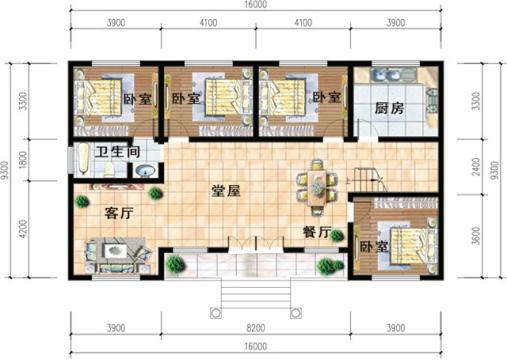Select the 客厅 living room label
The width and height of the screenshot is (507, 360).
[x=119, y=211]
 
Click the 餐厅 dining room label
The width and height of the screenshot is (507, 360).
[x=316, y=231]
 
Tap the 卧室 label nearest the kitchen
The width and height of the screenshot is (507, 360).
[x=326, y=98]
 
